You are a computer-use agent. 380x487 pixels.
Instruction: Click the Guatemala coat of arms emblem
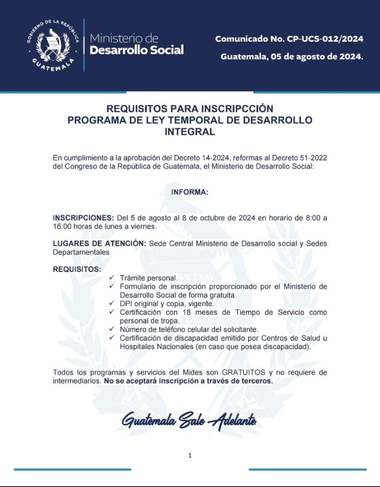click(53, 46)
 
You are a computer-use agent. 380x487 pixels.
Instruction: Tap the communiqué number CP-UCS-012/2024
click(325, 39)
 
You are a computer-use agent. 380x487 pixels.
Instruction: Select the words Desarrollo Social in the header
click(137, 50)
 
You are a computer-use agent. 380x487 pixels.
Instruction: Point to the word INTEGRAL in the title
click(190, 132)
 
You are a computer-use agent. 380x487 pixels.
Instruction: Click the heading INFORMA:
click(190, 192)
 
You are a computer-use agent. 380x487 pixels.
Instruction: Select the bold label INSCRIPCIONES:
click(83, 218)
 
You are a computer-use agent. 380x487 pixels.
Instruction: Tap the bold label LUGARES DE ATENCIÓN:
click(99, 243)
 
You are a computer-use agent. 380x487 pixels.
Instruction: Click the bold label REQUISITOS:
click(77, 269)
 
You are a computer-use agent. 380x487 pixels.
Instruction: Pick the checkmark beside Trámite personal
click(112, 278)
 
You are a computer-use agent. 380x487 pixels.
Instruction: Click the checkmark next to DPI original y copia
click(112, 303)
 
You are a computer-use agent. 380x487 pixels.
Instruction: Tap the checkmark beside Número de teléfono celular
click(112, 329)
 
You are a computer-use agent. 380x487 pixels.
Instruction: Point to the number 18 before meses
click(186, 312)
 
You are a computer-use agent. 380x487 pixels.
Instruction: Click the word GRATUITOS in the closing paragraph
click(243, 372)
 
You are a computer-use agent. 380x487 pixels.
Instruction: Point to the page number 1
click(190, 455)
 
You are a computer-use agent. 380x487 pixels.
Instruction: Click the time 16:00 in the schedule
click(62, 227)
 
